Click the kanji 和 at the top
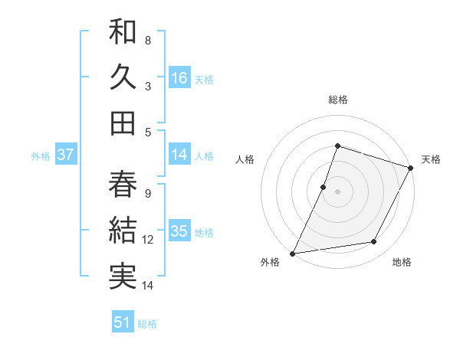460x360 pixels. tap(123, 33)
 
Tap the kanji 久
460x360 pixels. tap(123, 77)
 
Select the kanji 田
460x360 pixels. tap(123, 123)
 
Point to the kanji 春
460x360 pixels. tap(123, 184)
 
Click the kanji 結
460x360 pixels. tap(123, 230)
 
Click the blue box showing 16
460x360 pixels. tap(179, 77)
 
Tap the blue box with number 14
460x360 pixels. tap(179, 155)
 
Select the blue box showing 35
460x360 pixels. tap(179, 231)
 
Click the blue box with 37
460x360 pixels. tap(65, 155)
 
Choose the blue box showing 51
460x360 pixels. tap(123, 322)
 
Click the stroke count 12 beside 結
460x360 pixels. tap(149, 240)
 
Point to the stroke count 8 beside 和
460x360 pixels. tap(148, 40)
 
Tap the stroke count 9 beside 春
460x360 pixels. tap(148, 194)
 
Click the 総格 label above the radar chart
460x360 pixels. tap(338, 100)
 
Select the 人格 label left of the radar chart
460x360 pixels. tap(245, 159)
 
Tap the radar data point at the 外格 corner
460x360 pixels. tap(293, 253)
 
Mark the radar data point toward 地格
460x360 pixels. tap(374, 242)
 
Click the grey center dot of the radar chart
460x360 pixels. tap(337, 191)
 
